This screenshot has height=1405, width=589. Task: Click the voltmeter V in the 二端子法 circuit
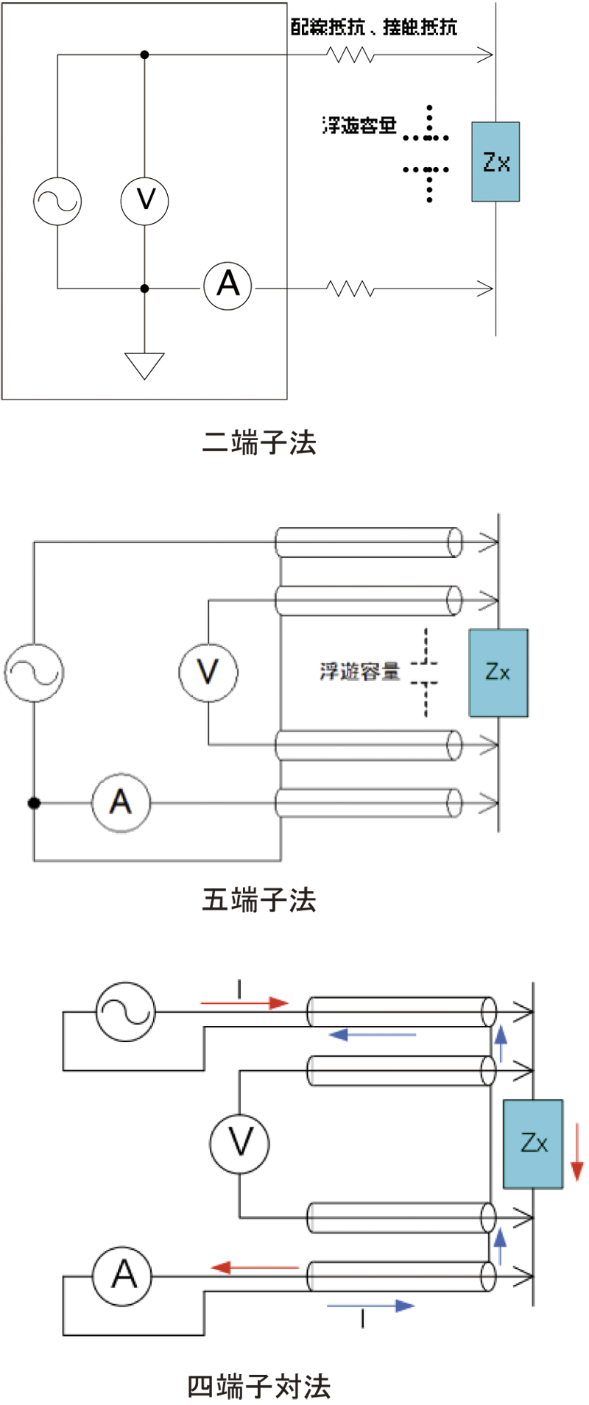pyautogui.click(x=144, y=200)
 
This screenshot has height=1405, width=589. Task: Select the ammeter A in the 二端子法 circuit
pyautogui.click(x=228, y=286)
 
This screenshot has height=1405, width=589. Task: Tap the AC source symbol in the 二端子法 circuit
pyautogui.click(x=57, y=201)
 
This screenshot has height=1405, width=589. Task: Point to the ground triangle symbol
pyautogui.click(x=144, y=366)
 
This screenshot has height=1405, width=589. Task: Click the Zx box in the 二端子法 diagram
pyautogui.click(x=495, y=162)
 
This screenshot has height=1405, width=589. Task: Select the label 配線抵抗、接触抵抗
pyautogui.click(x=373, y=27)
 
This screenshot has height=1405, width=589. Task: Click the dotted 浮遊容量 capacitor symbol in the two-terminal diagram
pyautogui.click(x=427, y=154)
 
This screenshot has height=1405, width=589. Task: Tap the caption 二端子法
pyautogui.click(x=259, y=442)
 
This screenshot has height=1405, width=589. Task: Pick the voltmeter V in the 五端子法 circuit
pyautogui.click(x=208, y=672)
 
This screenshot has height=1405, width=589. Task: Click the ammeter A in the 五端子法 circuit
pyautogui.click(x=121, y=802)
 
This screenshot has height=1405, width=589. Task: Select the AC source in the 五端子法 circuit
pyautogui.click(x=34, y=673)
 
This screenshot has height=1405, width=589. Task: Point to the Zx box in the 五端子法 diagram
pyautogui.click(x=498, y=673)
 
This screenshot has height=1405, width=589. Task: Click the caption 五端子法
pyautogui.click(x=259, y=899)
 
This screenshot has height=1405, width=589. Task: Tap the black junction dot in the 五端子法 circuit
pyautogui.click(x=34, y=802)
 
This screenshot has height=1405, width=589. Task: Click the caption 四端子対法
pyautogui.click(x=259, y=1386)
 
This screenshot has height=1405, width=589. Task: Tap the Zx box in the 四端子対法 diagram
pyautogui.click(x=533, y=1144)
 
